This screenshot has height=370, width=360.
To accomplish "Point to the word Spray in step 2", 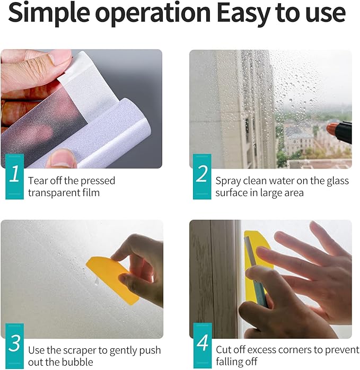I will pos(228,181).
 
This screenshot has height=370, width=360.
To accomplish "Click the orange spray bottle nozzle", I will pos(331,130).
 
